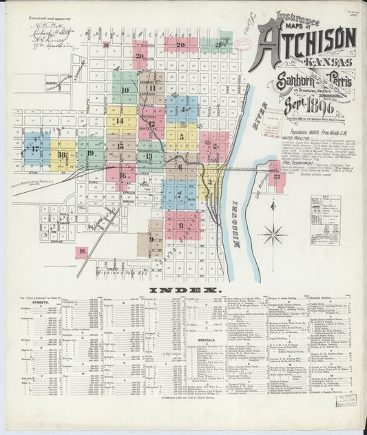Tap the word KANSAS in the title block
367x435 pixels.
pos(324,63)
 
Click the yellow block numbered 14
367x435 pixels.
pos(120,120)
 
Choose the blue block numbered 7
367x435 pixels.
pos(180,195)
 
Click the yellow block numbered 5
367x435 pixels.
pos(181,136)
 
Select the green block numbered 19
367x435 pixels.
pos(90,153)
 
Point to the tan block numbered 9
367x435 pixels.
pos(150,240)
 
